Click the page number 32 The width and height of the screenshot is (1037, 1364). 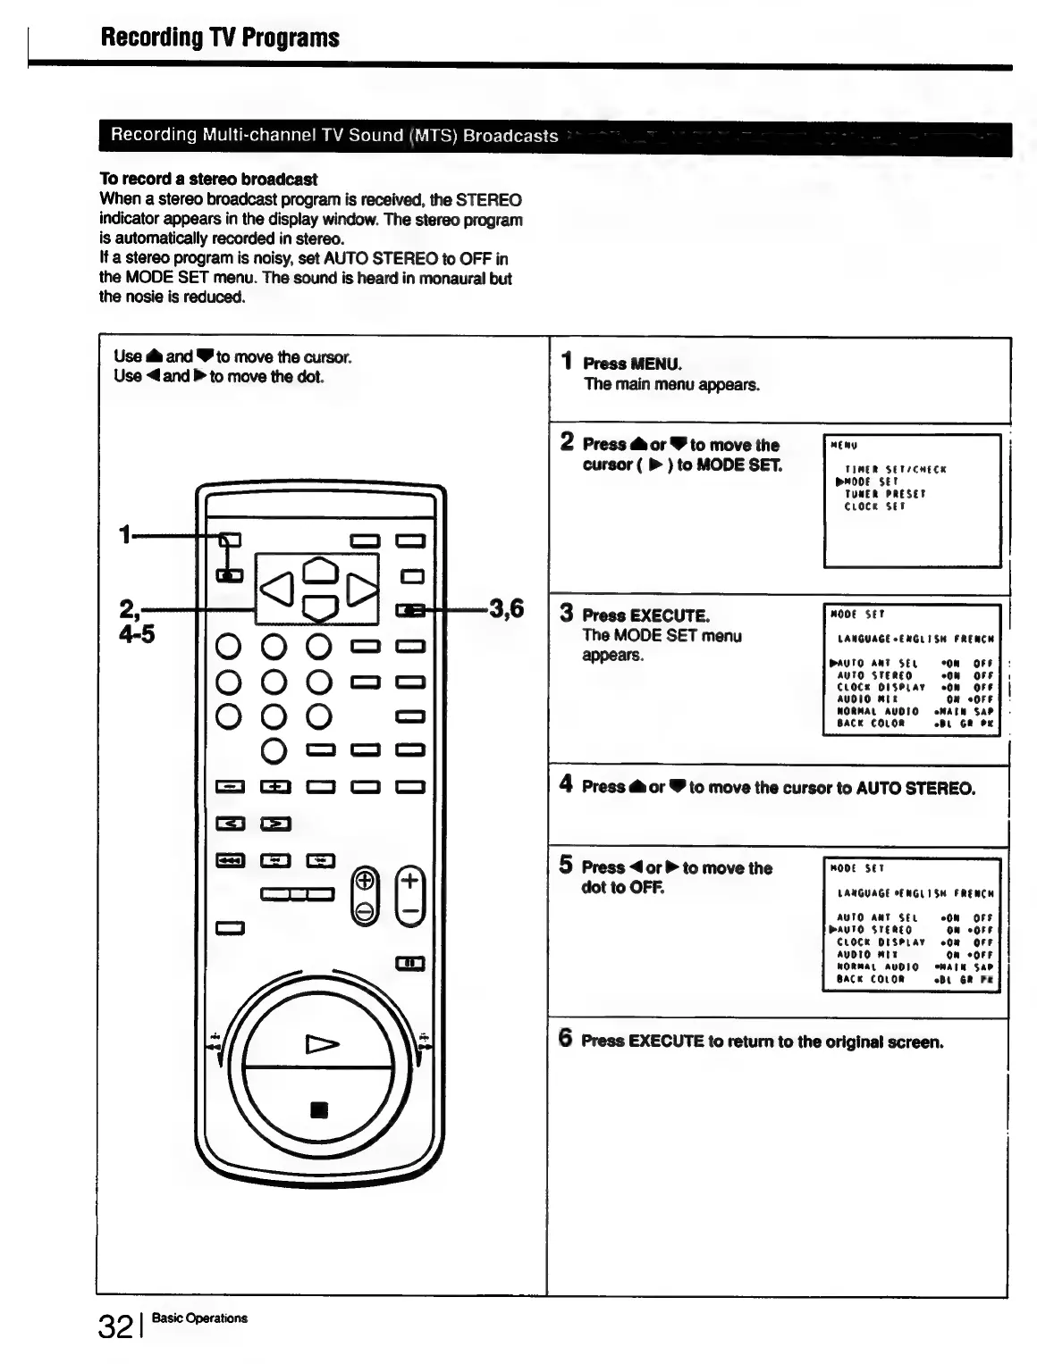click(115, 1326)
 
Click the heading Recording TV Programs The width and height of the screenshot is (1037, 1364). click(220, 38)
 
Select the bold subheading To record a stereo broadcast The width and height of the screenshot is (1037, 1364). click(208, 179)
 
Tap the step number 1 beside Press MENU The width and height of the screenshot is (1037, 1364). click(566, 361)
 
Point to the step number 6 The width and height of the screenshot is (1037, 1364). click(565, 1038)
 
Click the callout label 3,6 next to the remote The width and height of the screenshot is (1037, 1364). click(505, 609)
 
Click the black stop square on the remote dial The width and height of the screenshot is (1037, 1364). click(319, 1110)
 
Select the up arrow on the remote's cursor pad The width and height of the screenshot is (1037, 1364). click(320, 569)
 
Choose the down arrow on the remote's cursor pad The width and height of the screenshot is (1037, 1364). click(320, 608)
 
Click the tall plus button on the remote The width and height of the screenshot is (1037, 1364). click(409, 895)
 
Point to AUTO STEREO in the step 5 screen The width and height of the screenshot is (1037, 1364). click(874, 930)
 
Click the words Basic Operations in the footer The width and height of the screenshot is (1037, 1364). click(199, 1318)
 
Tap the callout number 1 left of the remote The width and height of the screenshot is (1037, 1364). click(124, 535)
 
